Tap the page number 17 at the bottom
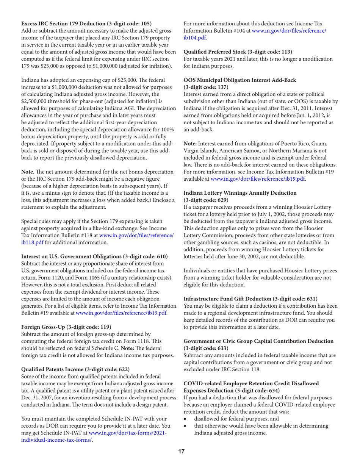(x=180, y=451)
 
